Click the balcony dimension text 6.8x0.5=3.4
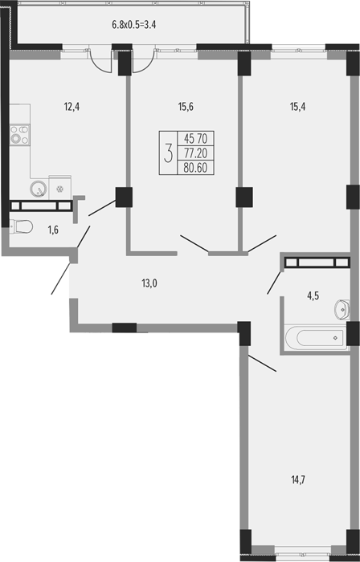[133, 25]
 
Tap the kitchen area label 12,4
[72, 107]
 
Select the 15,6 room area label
[186, 107]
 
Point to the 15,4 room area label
[297, 107]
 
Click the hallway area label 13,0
[149, 283]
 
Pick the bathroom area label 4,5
[303, 295]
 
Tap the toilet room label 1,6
[53, 230]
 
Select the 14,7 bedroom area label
[299, 479]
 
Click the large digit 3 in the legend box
[168, 153]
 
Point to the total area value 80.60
[195, 168]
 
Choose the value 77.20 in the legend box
[195, 153]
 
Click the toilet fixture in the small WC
[21, 226]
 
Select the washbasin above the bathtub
[342, 309]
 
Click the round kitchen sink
[39, 188]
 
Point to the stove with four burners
[19, 135]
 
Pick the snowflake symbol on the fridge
[60, 188]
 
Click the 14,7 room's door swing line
[262, 363]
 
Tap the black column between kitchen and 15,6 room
[124, 198]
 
